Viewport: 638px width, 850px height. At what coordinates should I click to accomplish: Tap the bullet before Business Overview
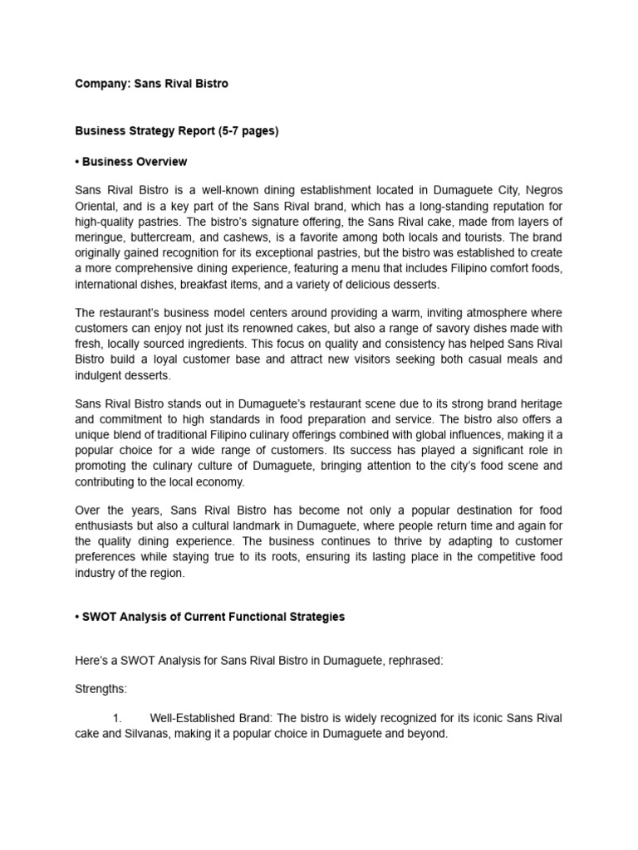(x=78, y=161)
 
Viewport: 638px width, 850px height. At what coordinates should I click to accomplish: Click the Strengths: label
(x=102, y=689)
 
